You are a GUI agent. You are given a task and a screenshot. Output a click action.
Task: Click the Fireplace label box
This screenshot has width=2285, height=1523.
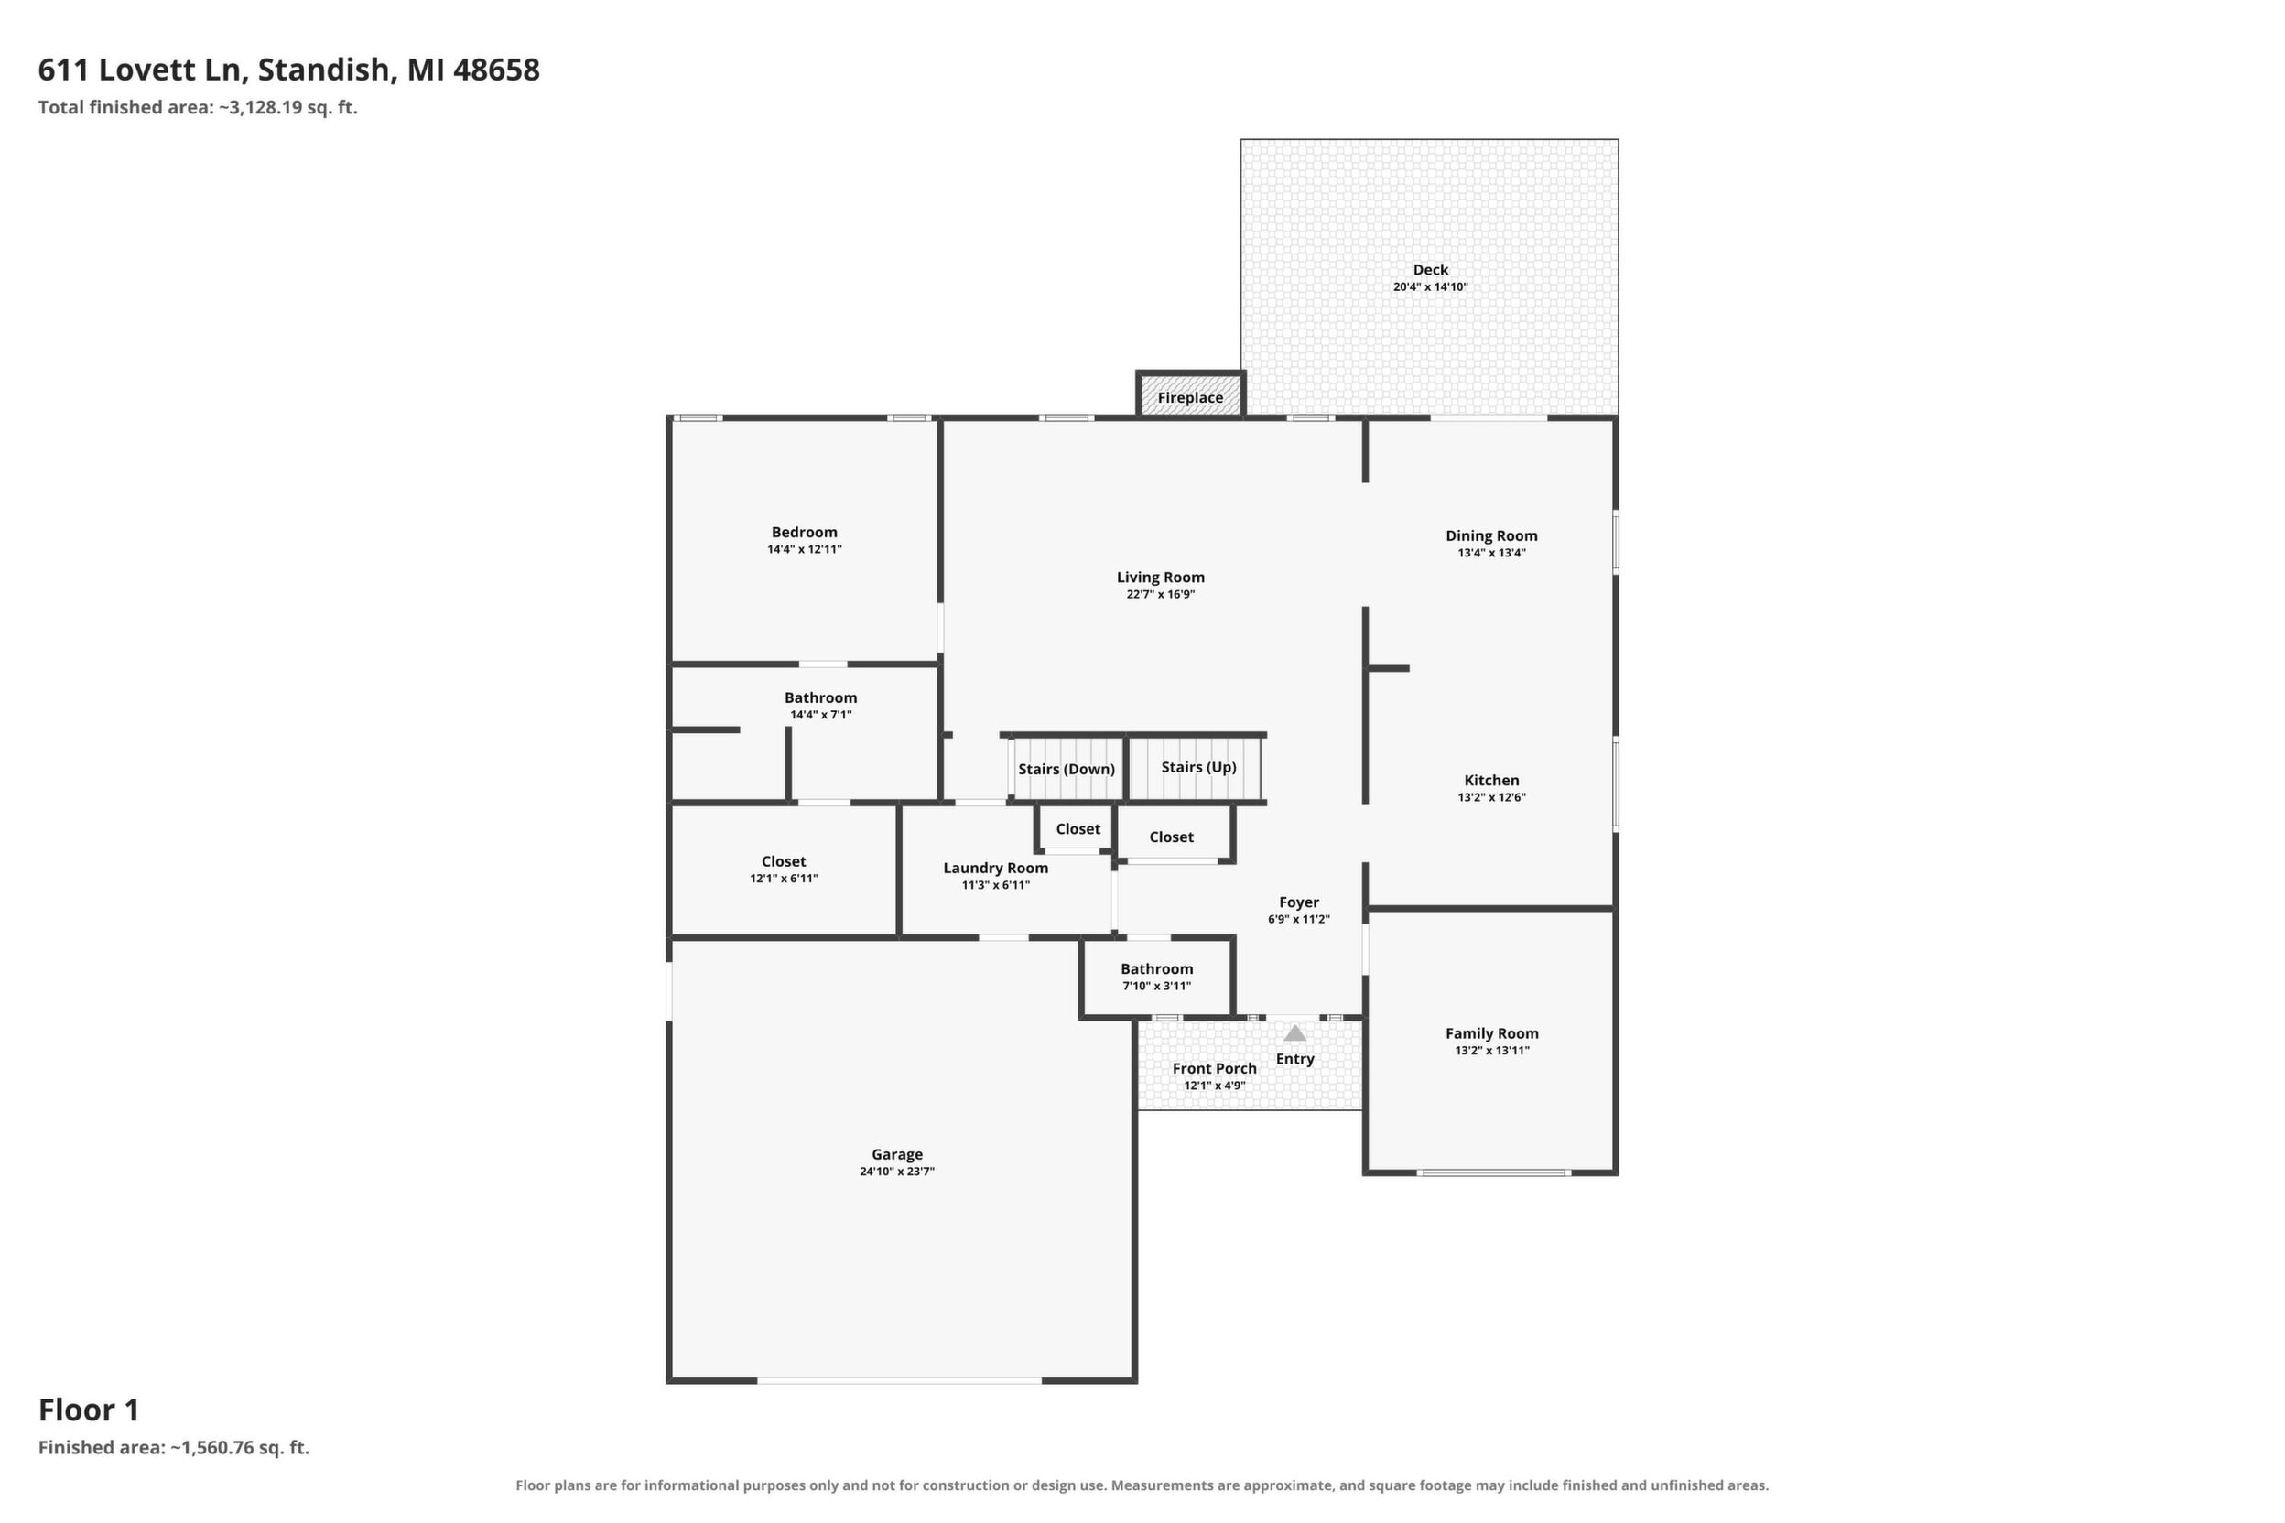pyautogui.click(x=1190, y=397)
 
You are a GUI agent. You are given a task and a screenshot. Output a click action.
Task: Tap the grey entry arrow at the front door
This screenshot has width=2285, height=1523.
pyautogui.click(x=1295, y=1033)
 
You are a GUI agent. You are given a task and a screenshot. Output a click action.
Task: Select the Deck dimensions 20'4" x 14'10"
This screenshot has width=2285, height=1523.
pyautogui.click(x=1430, y=287)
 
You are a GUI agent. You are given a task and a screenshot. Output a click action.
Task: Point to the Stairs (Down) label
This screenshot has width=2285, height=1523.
pyautogui.click(x=1067, y=769)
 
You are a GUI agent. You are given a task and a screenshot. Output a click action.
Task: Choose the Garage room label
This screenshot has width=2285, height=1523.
pyautogui.click(x=897, y=1154)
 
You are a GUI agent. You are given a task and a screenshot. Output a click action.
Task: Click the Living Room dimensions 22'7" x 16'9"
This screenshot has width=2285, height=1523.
pyautogui.click(x=1160, y=594)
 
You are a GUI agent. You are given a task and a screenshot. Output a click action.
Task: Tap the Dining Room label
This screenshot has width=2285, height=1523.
pyautogui.click(x=1491, y=536)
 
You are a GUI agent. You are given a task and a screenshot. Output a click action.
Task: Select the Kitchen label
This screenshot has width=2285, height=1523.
pyautogui.click(x=1491, y=780)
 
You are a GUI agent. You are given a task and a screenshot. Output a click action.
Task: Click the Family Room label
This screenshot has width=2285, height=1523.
pyautogui.click(x=1491, y=1033)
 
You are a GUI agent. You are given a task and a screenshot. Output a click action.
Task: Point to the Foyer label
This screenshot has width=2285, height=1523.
pyautogui.click(x=1299, y=902)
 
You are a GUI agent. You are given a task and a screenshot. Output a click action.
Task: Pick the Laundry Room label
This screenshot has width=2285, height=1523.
pyautogui.click(x=996, y=869)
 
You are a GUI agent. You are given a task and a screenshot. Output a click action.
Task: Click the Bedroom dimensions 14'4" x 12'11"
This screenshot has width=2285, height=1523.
pyautogui.click(x=805, y=550)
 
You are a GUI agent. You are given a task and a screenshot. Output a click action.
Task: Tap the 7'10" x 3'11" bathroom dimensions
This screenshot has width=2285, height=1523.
pyautogui.click(x=1156, y=986)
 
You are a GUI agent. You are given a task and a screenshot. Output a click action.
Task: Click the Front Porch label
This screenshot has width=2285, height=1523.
pyautogui.click(x=1215, y=1068)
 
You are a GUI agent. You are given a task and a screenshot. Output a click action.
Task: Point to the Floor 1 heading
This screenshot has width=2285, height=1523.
pyautogui.click(x=90, y=1410)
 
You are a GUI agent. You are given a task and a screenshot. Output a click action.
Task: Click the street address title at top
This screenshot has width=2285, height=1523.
pyautogui.click(x=288, y=70)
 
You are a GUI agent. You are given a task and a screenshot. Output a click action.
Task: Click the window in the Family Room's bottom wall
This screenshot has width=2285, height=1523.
pyautogui.click(x=1492, y=1173)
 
